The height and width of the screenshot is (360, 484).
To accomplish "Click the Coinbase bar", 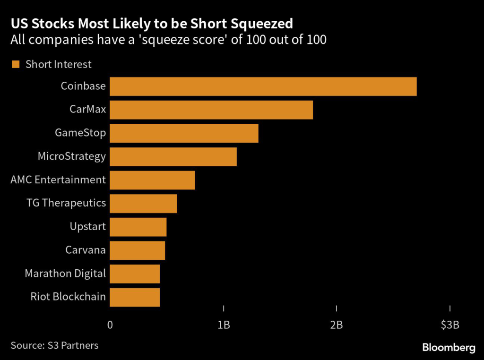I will pos(263,86).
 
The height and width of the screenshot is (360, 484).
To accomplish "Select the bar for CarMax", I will pos(211,110).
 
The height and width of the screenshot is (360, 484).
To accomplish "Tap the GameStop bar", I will pos(184,133).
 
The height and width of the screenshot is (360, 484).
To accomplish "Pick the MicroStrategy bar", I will pos(173,156).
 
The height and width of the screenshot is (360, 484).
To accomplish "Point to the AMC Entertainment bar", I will pos(152,180).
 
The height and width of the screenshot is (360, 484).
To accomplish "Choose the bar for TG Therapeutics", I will pos(143,203).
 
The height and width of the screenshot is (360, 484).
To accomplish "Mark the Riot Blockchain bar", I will pos(135,297).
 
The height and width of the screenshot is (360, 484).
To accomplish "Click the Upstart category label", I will pos(87,227).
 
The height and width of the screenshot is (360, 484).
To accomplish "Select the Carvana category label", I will pos(85,250).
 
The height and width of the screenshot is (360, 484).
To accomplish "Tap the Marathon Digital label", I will pos(65,274).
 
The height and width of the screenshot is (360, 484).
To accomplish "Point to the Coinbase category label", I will pos(83,86).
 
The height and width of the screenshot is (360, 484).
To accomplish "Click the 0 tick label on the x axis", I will pos(110,325).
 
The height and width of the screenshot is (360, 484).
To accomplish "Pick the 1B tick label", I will pos(224,325).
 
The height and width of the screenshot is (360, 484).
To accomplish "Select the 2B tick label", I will pos(337,325).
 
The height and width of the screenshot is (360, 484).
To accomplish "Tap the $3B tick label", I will pos(449,325).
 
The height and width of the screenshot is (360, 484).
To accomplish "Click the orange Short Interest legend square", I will pos(16,64).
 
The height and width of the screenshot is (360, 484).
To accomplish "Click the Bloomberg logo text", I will pos(449,348).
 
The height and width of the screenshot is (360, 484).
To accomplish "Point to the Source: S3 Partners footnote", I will pos(54,345).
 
